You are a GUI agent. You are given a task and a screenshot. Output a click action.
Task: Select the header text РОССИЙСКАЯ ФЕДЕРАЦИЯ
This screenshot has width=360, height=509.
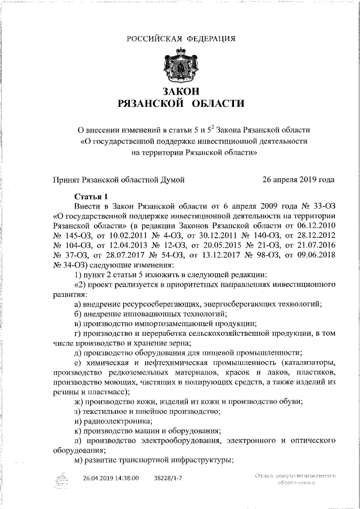[181, 38]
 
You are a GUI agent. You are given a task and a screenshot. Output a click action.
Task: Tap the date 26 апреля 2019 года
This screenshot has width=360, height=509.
[298, 180]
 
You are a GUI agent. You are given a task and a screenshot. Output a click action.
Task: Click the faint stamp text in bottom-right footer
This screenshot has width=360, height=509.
[295, 479]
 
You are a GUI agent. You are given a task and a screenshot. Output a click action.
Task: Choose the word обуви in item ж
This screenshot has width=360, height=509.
[291, 400]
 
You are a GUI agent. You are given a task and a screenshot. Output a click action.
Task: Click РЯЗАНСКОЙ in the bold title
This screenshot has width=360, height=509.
[151, 104]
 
